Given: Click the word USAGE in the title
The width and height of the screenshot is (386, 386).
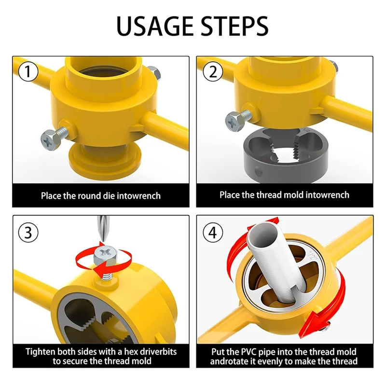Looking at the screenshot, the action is click(x=154, y=26).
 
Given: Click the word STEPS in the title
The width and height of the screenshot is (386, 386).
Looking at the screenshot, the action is click(x=234, y=26).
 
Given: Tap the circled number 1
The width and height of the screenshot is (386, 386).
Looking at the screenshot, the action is click(x=28, y=71).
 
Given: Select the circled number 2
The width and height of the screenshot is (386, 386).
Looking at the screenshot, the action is click(x=213, y=71).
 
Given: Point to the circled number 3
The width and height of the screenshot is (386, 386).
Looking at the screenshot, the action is click(x=28, y=233).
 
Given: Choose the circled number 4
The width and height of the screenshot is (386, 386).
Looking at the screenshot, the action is click(x=213, y=233).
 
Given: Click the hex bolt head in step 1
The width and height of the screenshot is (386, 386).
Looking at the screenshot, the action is click(x=50, y=140).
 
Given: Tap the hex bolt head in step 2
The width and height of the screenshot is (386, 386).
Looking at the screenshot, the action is click(x=234, y=122).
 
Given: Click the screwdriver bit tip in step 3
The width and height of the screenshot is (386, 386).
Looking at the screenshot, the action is click(x=104, y=240).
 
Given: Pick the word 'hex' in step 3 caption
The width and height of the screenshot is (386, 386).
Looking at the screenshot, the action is click(x=131, y=351).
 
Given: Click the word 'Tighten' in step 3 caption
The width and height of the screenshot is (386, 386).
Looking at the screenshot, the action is click(x=41, y=352).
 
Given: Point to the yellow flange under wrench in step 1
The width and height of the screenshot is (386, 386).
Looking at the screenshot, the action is click(x=104, y=160).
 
